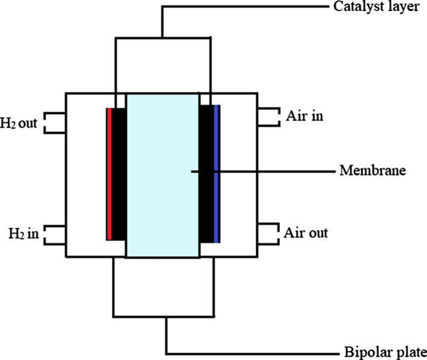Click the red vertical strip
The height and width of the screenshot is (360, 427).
pyautogui.click(x=108, y=174)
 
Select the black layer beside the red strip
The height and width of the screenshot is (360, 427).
pyautogui.click(x=118, y=174)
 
